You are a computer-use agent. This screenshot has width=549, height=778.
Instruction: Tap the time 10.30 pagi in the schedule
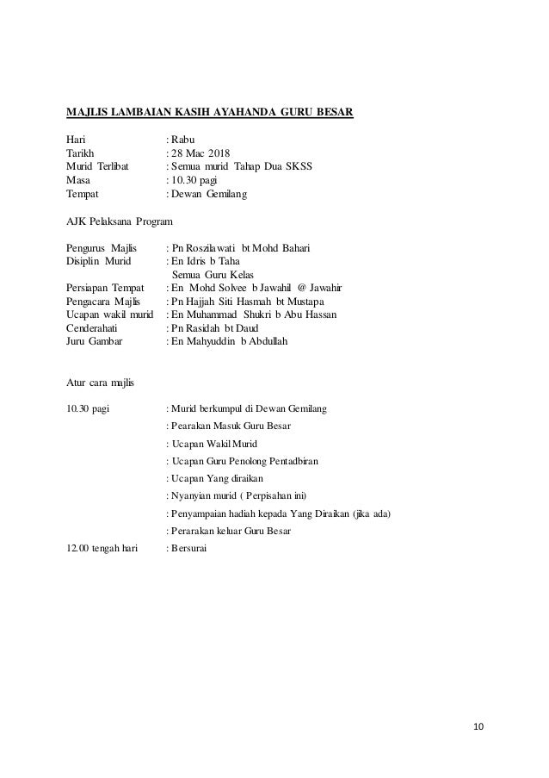pos(88,408)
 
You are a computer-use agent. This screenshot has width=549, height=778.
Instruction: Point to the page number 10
pos(478,726)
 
